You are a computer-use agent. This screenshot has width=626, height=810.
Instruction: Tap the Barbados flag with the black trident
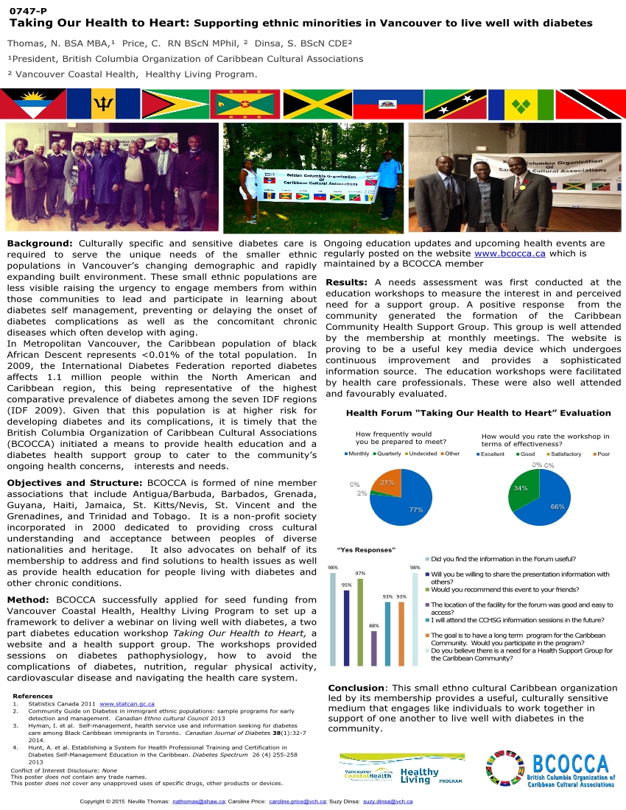point(103,104)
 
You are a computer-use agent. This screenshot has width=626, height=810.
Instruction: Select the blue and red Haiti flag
point(388,104)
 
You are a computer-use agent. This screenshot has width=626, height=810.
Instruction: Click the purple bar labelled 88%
point(373,648)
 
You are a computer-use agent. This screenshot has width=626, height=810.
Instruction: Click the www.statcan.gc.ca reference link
point(127,704)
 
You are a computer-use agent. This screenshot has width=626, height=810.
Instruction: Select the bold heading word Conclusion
point(356,688)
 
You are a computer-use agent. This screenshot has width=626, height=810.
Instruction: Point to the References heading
point(33,696)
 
